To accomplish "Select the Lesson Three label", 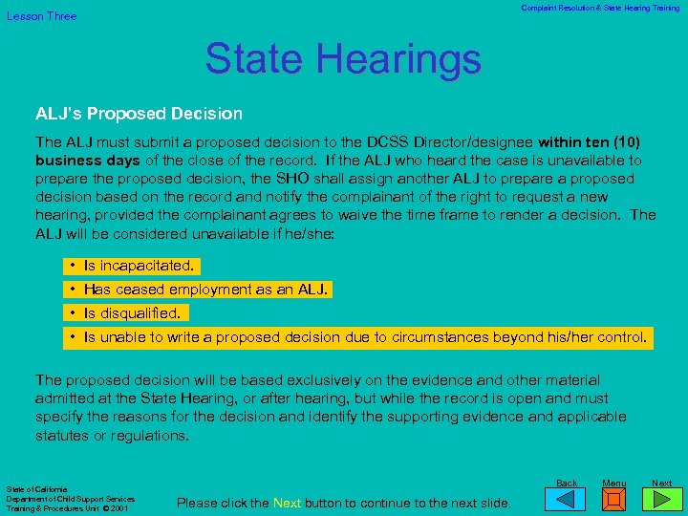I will tap(42, 16).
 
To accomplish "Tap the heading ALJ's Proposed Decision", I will tap(140, 114).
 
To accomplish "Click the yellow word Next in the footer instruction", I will tap(288, 503).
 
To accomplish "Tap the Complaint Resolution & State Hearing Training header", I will tap(600, 8).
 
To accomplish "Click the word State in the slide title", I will tap(250, 58).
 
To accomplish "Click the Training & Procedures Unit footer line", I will tap(61, 508).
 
